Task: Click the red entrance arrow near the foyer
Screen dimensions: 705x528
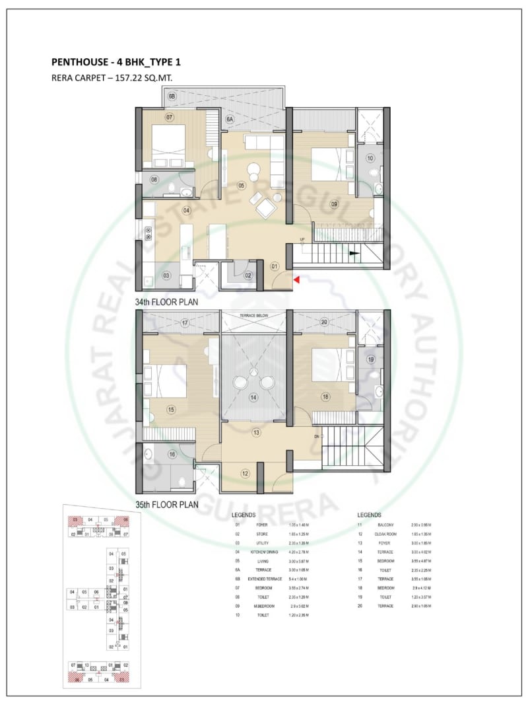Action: click(297, 280)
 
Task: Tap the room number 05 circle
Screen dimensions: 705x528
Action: click(242, 186)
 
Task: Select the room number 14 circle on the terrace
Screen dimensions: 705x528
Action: click(253, 398)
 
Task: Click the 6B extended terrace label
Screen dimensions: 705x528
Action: click(172, 96)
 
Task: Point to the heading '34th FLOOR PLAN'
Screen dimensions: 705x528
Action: click(166, 301)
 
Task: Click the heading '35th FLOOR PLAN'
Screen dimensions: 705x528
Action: click(166, 503)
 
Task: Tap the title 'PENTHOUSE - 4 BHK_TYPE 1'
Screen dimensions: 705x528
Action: click(115, 63)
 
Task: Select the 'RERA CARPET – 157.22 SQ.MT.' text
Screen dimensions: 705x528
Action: click(108, 78)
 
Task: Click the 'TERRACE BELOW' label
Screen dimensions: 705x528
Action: click(254, 316)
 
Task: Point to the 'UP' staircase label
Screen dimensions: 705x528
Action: click(302, 239)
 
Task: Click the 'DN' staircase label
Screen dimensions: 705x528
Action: click(316, 437)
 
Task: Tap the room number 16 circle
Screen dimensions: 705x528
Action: click(172, 454)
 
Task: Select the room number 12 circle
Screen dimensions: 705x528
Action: click(245, 473)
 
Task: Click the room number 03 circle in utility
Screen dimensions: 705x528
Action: click(166, 275)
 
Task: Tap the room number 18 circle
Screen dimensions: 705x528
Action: click(325, 396)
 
